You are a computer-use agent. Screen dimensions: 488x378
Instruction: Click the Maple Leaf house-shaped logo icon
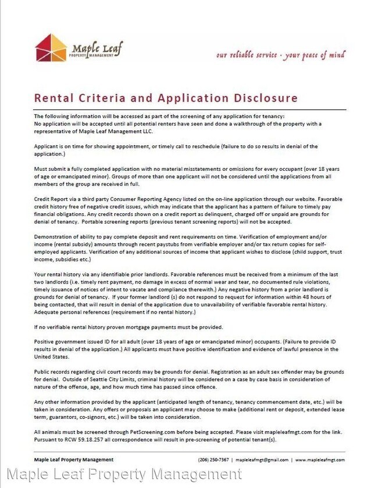51,47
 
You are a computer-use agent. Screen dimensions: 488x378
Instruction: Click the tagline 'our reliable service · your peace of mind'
280,55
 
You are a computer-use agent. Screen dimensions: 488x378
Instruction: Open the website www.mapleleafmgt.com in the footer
320,460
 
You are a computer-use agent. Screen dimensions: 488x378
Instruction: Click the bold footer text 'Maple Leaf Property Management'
74,460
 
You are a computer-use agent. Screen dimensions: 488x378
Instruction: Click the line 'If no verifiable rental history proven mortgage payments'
128,326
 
